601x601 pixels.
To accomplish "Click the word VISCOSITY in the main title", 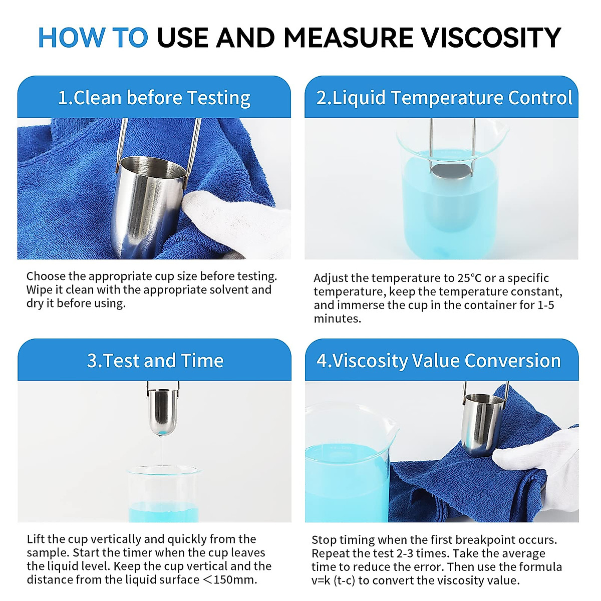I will pyautogui.click(x=491, y=38).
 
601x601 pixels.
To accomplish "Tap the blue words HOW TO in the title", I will pyautogui.click(x=93, y=38).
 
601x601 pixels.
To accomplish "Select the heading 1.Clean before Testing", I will pyautogui.click(x=154, y=98).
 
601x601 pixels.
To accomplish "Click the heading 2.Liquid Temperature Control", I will pyautogui.click(x=444, y=98).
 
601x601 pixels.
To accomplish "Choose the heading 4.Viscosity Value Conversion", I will pyautogui.click(x=439, y=361).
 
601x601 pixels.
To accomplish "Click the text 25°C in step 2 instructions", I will pyautogui.click(x=469, y=278).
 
